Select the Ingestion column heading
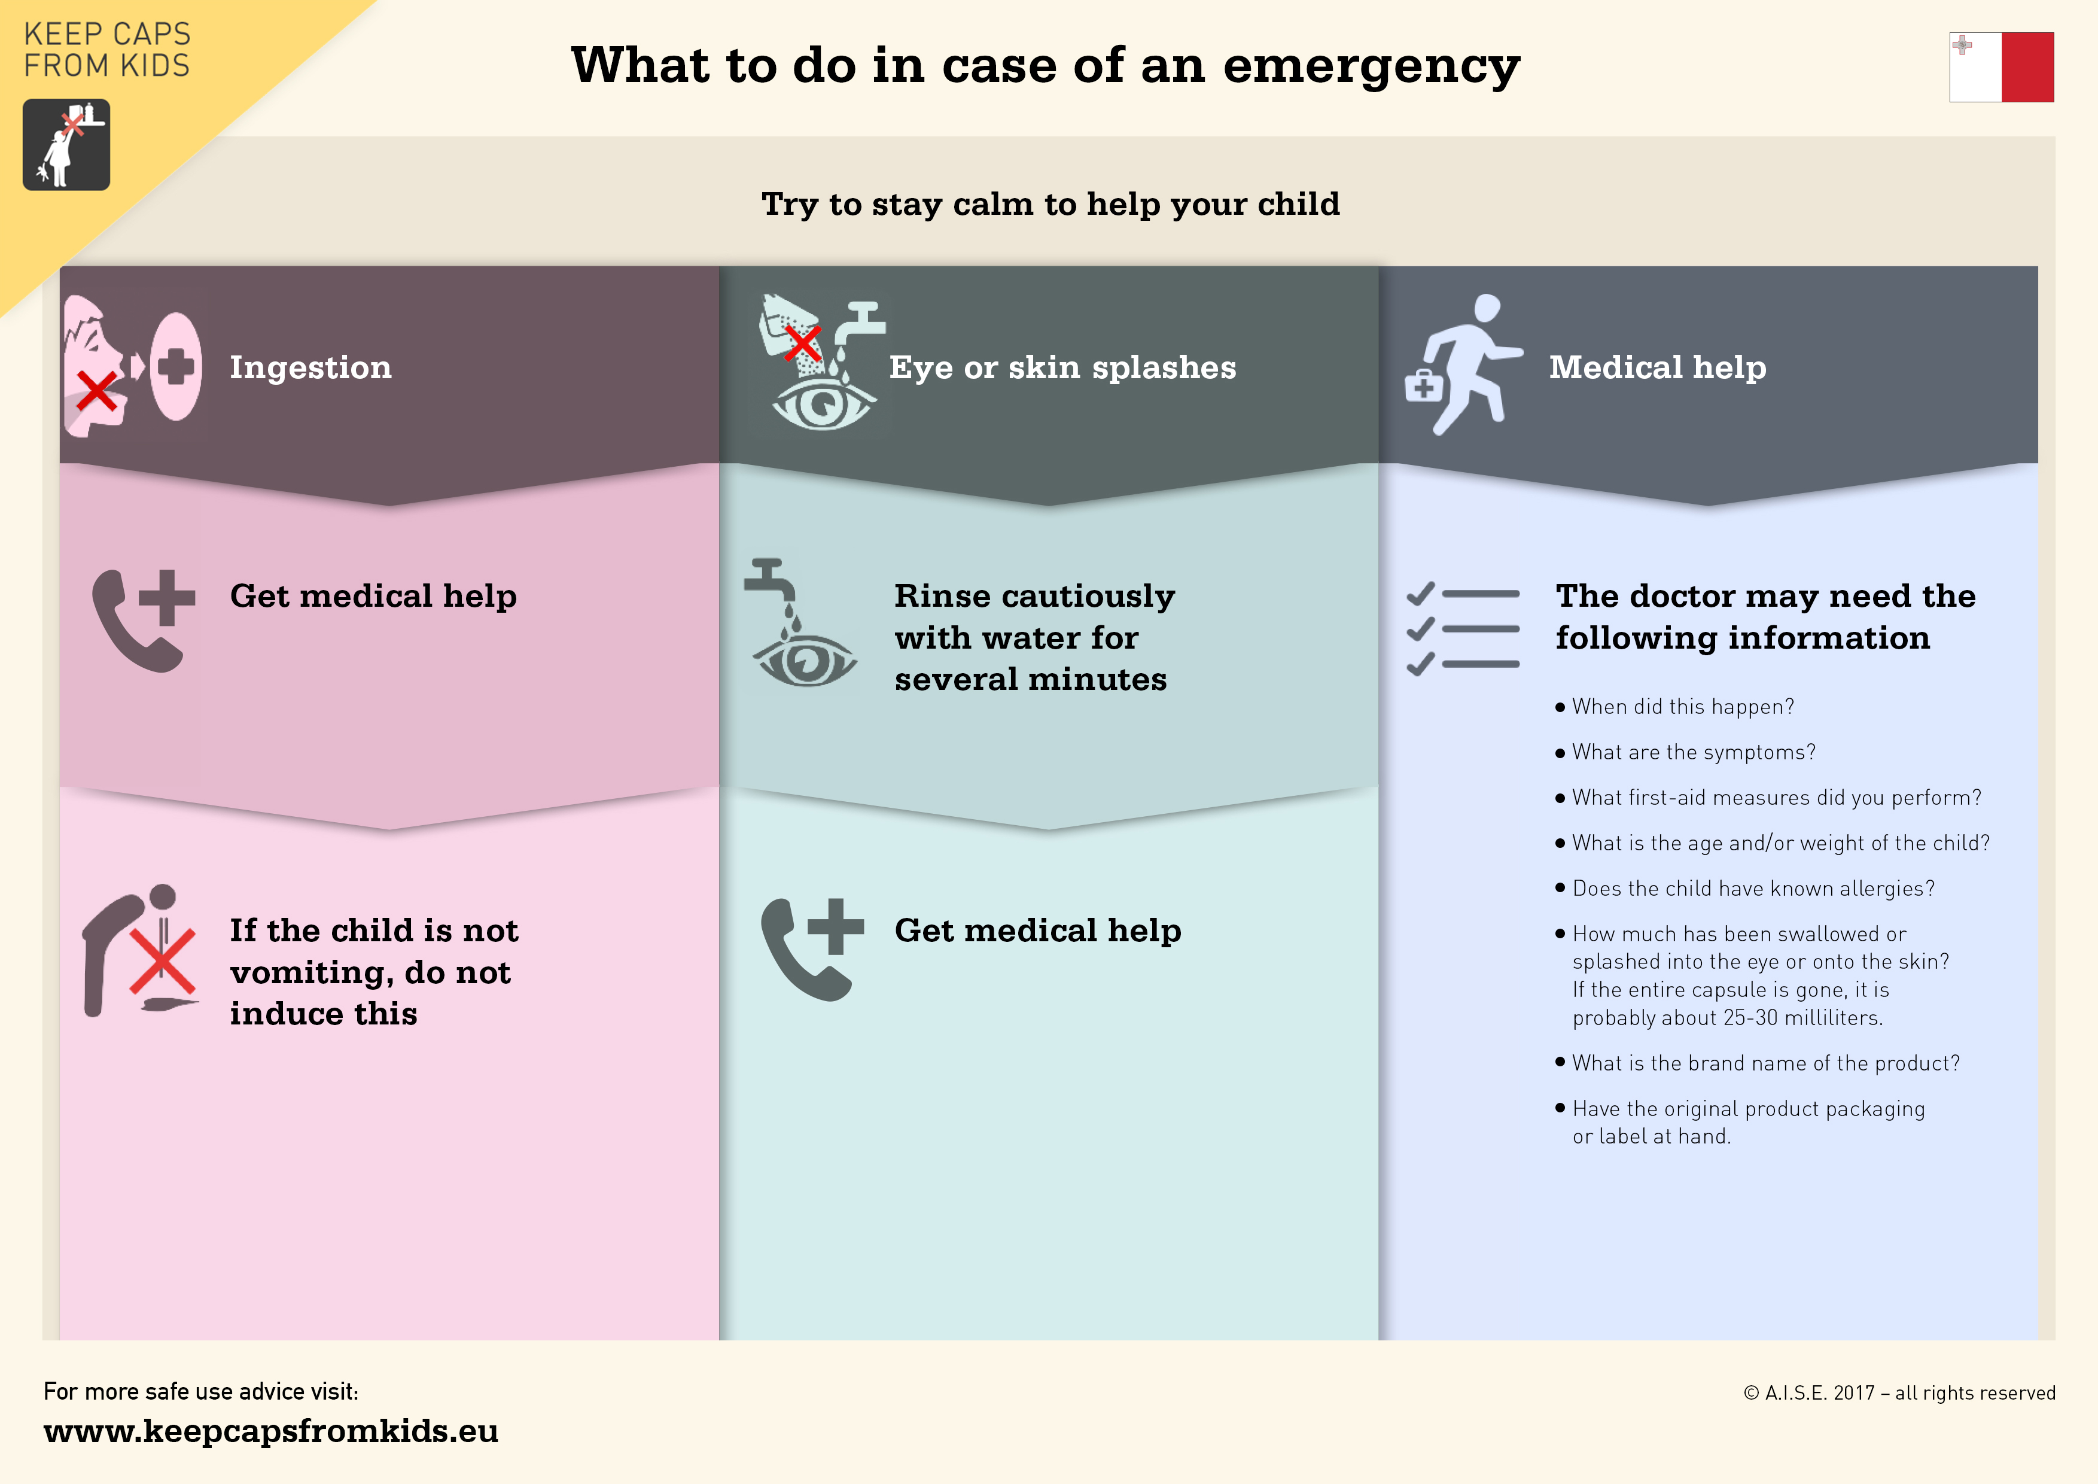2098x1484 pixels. click(x=310, y=367)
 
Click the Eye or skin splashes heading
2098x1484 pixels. click(x=1062, y=367)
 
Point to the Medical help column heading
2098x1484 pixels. click(x=1658, y=367)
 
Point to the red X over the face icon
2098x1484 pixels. click(x=96, y=392)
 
